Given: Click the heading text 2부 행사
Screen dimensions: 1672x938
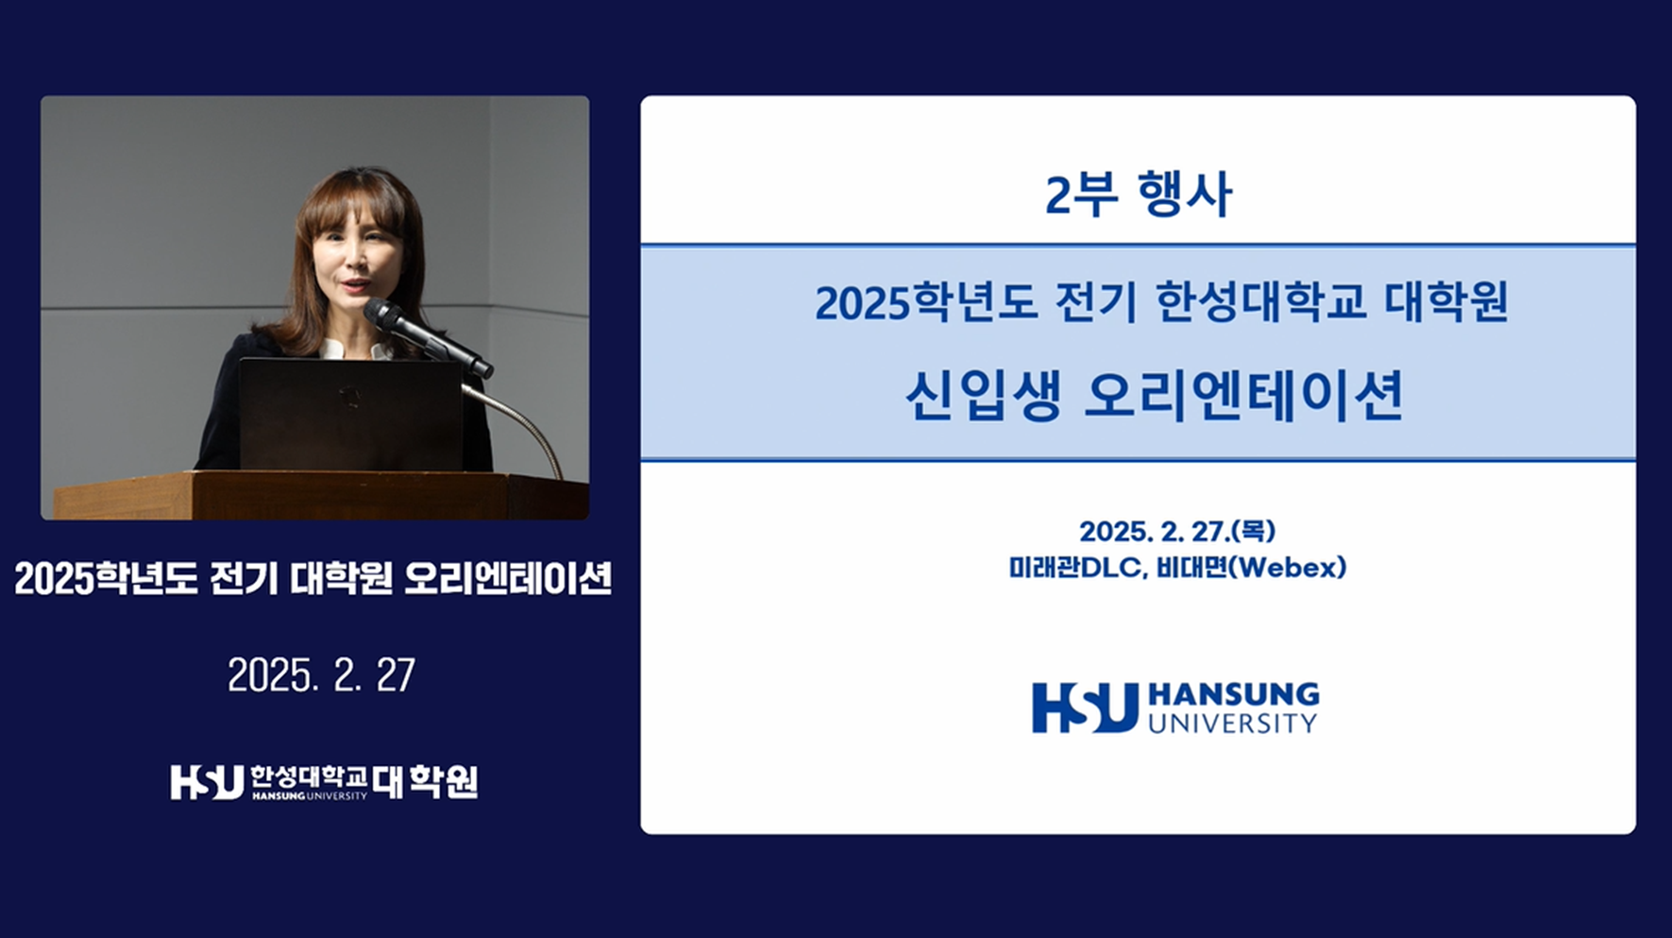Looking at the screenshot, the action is pos(1138,194).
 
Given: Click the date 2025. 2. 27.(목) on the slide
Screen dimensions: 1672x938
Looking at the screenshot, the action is pos(1177,531).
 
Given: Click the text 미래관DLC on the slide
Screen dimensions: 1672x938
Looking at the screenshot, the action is pos(1076,568).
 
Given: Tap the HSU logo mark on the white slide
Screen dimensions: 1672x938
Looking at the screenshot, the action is pos(1085,708).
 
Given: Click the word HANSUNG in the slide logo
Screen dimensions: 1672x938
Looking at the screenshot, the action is pos(1233,695).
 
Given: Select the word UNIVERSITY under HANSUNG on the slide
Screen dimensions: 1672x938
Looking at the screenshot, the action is pos(1232,724).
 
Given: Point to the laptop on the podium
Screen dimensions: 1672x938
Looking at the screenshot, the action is pos(350,414).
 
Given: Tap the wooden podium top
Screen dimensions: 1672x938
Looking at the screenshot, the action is pos(321,495).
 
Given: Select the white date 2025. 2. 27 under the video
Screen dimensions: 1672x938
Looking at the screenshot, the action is pos(321,674).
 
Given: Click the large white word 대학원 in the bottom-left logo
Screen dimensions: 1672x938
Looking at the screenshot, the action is pos(425,782).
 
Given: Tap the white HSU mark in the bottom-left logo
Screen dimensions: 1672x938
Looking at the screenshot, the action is pos(207,782).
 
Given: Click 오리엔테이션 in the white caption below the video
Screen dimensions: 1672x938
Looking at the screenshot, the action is pos(508,578).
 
